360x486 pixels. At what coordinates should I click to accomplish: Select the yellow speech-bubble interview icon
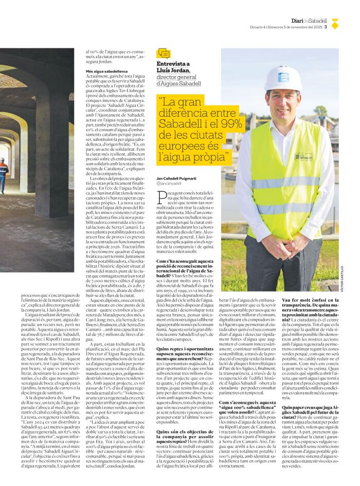click(164, 53)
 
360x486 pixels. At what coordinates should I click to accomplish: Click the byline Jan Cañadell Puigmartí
click(177, 177)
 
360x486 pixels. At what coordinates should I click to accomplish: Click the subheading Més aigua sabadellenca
click(107, 71)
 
